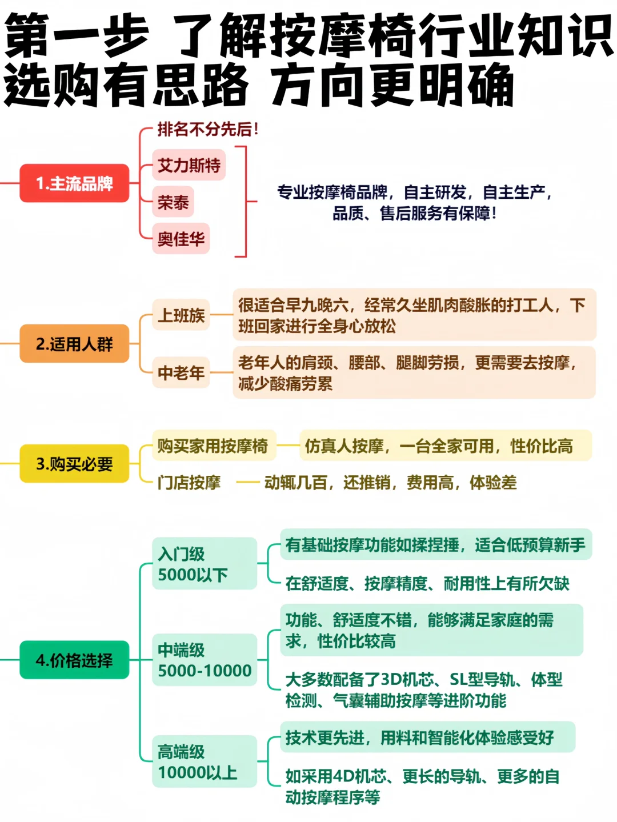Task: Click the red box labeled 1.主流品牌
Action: [74, 183]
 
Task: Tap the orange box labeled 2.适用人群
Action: [74, 344]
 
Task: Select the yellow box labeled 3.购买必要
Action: [74, 464]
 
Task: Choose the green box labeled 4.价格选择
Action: [74, 660]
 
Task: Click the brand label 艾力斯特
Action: [189, 165]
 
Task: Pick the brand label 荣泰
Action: [173, 202]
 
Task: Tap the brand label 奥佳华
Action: [181, 238]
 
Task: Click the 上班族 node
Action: [181, 315]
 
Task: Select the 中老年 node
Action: [181, 373]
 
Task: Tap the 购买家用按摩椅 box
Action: [213, 446]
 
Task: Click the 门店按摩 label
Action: [189, 483]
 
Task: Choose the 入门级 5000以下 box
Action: [205, 564]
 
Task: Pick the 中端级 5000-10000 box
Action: [205, 660]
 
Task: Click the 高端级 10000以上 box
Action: [205, 761]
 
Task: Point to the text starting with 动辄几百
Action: [390, 483]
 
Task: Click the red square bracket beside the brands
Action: [244, 202]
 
